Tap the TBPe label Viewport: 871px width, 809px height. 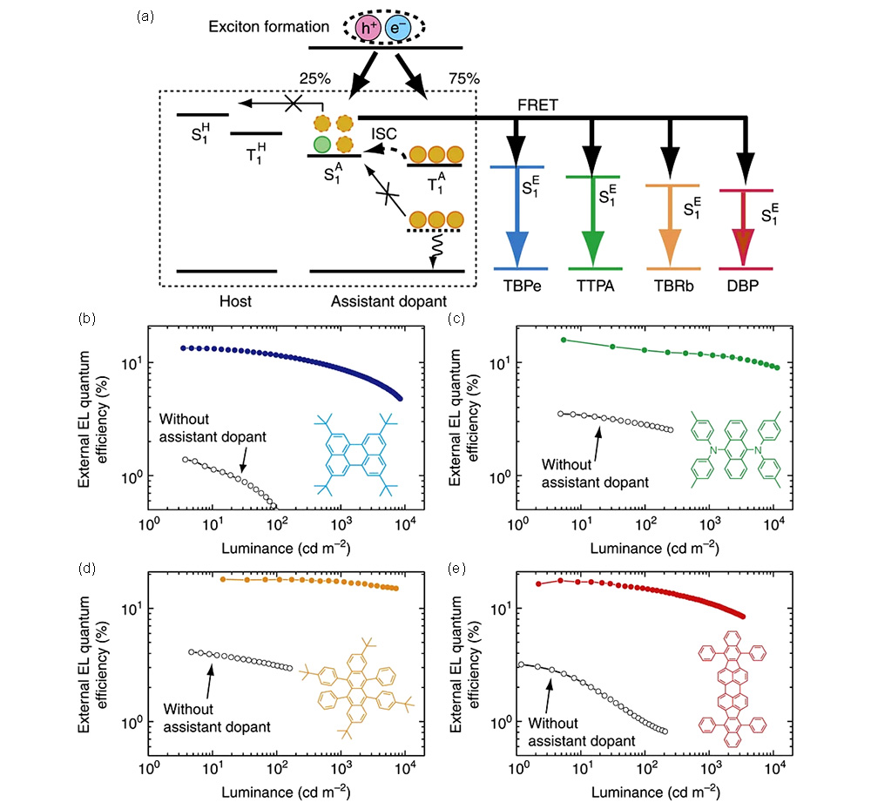[x=521, y=285]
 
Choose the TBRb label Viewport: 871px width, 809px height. [x=670, y=285]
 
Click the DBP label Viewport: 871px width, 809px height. [x=744, y=285]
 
